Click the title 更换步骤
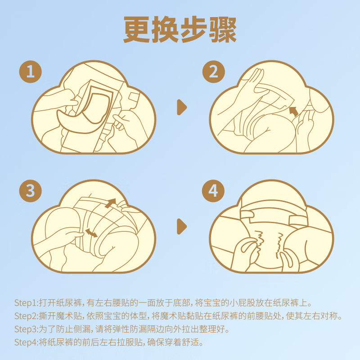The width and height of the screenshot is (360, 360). click(x=180, y=31)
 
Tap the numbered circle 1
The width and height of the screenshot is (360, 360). click(x=31, y=72)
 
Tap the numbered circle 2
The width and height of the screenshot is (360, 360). click(x=213, y=72)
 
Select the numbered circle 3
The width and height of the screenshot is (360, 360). click(x=31, y=191)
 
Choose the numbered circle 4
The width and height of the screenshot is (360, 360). click(x=213, y=191)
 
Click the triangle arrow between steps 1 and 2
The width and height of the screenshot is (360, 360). click(x=181, y=107)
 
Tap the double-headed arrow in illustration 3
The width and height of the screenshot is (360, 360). click(x=91, y=232)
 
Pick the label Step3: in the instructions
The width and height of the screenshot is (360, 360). click(x=26, y=328)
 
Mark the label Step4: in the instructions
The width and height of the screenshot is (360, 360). click(x=26, y=342)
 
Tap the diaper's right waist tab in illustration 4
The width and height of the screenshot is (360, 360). click(x=297, y=218)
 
